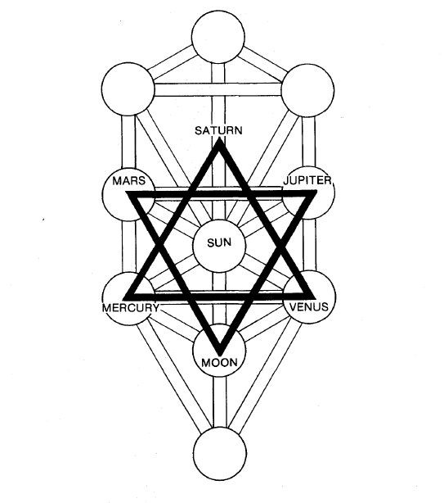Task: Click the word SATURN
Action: coord(218,130)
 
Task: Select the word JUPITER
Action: coord(307,180)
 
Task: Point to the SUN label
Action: coord(219,242)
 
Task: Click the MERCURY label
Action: coord(131,308)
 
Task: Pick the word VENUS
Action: coord(308,307)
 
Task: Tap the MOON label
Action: coord(219,363)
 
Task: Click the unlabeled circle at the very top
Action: coord(218,37)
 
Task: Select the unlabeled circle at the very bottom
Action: coord(220,453)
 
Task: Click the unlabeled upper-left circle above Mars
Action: coord(128,88)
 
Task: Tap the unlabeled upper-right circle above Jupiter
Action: coord(307,90)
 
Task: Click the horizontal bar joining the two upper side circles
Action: coord(218,90)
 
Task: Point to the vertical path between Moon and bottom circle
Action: coord(220,401)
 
